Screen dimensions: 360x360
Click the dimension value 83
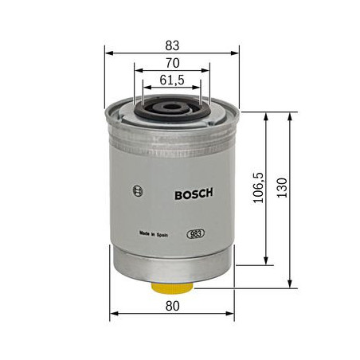tap(172, 45)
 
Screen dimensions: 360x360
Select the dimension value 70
tap(173, 63)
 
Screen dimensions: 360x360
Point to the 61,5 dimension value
tap(172, 80)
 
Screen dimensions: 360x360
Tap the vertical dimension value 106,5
tap(258, 188)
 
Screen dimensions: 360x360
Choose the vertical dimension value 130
tap(282, 188)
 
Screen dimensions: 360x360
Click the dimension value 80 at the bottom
tap(173, 306)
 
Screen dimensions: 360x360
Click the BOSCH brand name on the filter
tap(194, 194)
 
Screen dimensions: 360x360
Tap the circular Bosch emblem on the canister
tap(138, 190)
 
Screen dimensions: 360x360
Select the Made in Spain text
tap(154, 234)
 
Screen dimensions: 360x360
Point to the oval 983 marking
tap(196, 234)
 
